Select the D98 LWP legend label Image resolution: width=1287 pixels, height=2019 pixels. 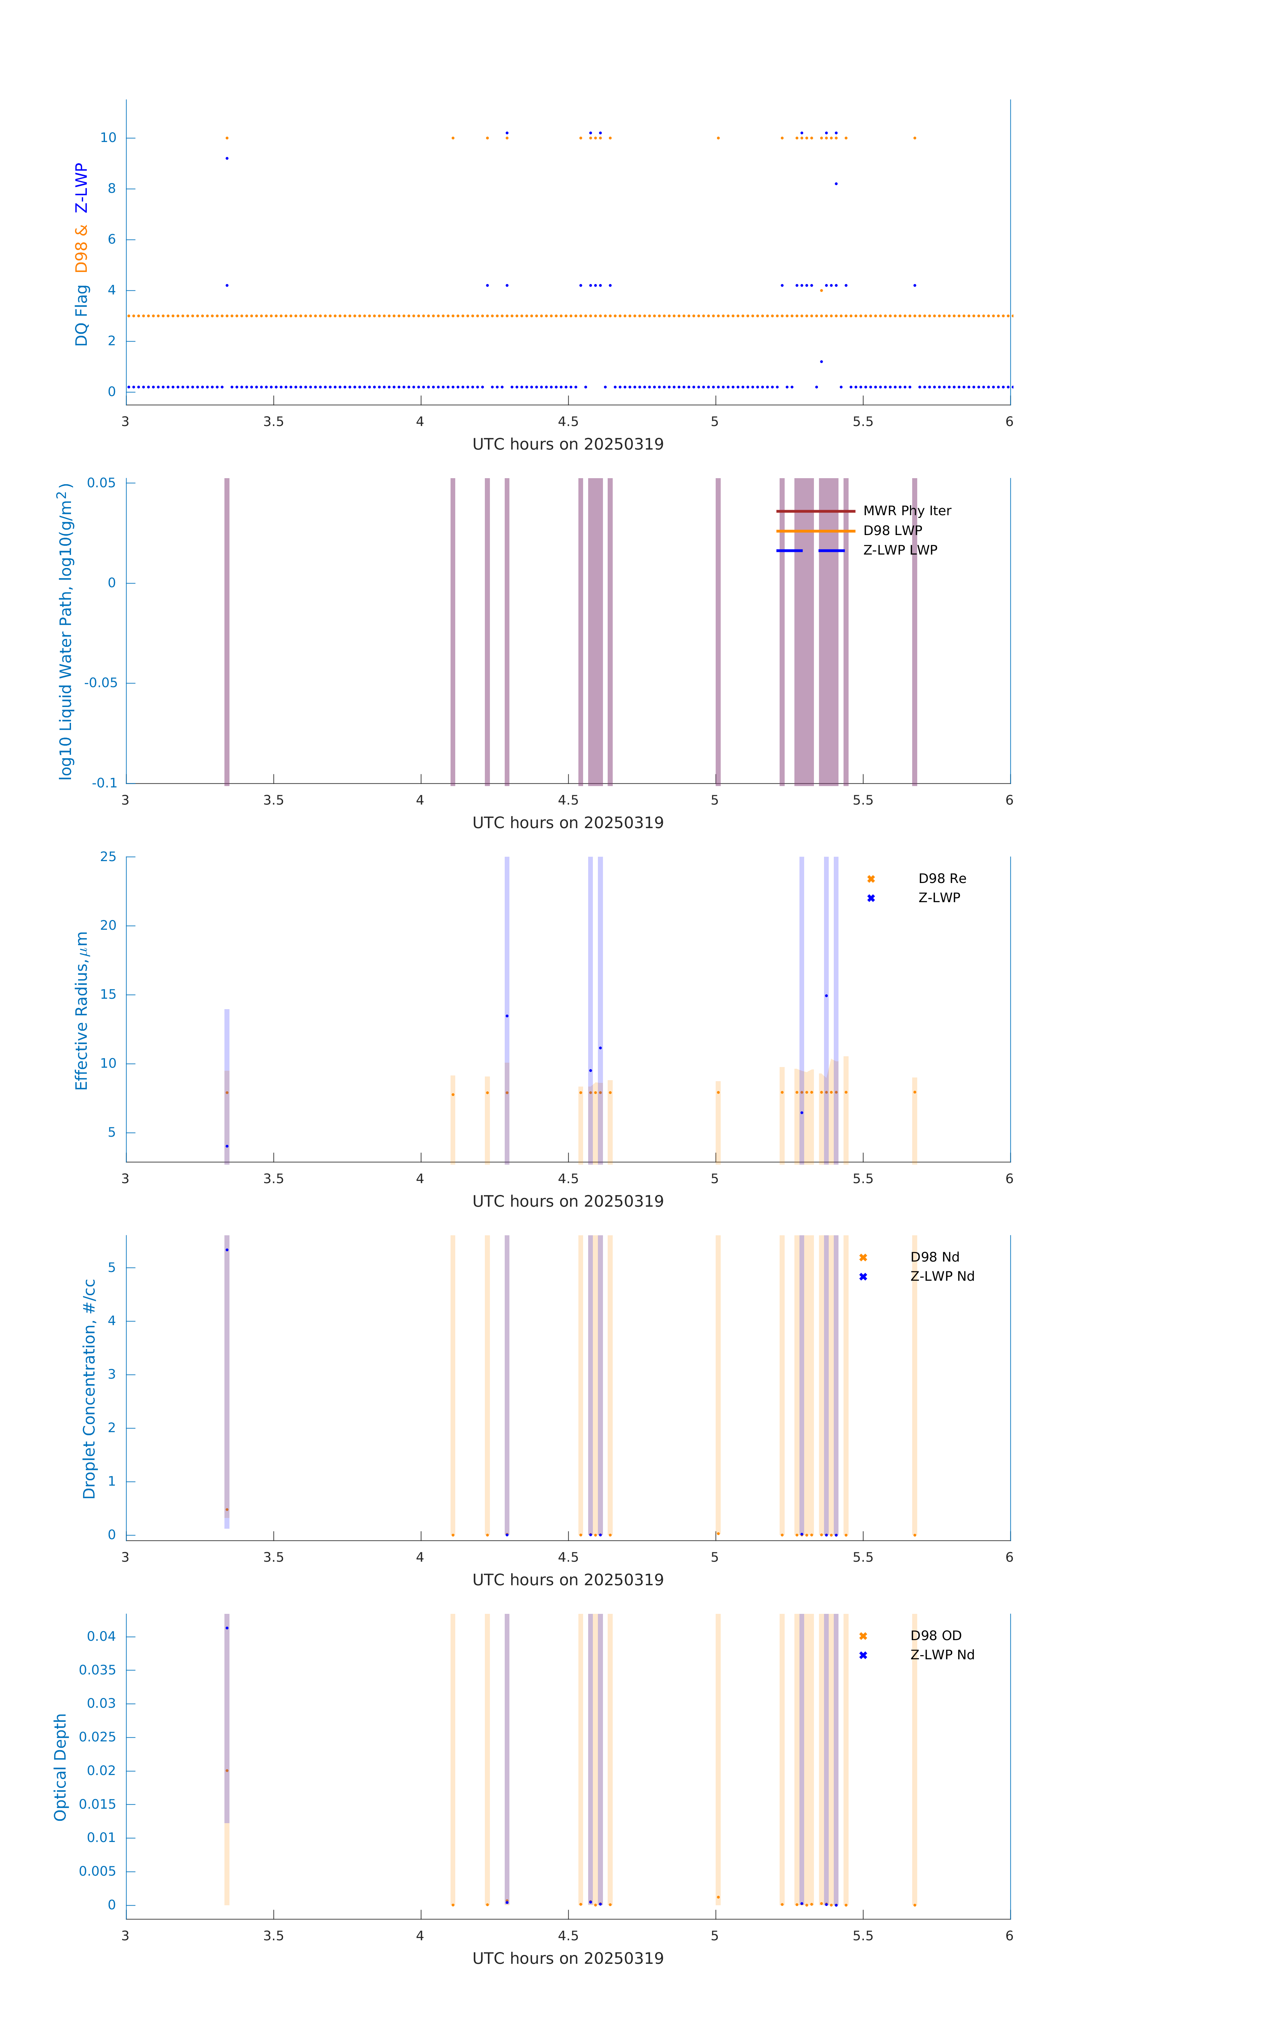892,531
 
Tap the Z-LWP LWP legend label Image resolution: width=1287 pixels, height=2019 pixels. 900,550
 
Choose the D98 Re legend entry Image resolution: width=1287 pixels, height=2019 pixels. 941,879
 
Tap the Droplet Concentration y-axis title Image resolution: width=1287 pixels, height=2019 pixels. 89,1388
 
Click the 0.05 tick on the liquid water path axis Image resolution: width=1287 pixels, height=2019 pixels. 102,483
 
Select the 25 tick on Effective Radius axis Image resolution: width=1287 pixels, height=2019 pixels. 108,857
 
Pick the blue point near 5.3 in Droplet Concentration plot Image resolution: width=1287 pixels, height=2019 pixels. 226,1250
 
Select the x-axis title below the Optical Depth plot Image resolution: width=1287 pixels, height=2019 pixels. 568,1959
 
